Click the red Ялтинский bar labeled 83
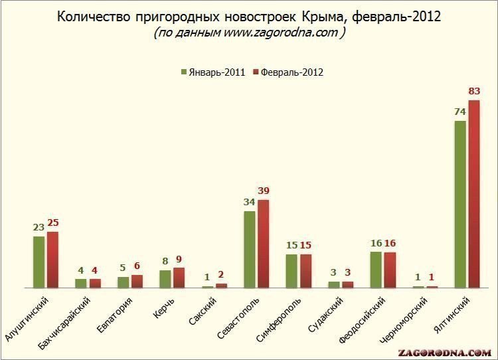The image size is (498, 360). [x=473, y=194]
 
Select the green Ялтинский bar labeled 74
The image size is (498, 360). [x=459, y=204]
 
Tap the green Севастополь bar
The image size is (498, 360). [x=249, y=249]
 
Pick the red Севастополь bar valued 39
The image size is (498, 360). [x=264, y=244]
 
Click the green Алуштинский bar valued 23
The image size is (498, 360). [x=39, y=262]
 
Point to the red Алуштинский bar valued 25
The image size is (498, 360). [x=52, y=260]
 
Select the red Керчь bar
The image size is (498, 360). [x=179, y=278]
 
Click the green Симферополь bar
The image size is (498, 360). [x=291, y=271]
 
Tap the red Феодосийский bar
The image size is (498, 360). [x=390, y=270]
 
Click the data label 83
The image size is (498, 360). [x=474, y=91]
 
